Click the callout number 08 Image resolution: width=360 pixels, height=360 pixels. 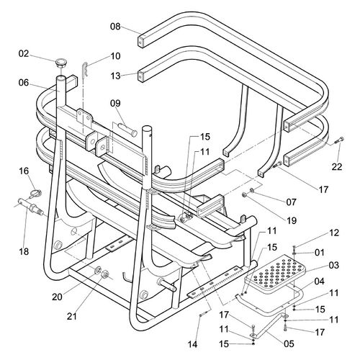(115, 26)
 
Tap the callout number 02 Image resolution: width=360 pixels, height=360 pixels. (24, 53)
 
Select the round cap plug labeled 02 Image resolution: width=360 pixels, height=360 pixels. (61, 63)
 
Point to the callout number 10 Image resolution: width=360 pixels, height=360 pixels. (115, 56)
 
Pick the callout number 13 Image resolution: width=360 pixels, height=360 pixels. (115, 76)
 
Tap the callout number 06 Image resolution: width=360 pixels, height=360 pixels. (24, 83)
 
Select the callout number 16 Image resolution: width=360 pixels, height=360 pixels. (24, 171)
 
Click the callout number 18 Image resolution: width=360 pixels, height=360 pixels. (24, 251)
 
